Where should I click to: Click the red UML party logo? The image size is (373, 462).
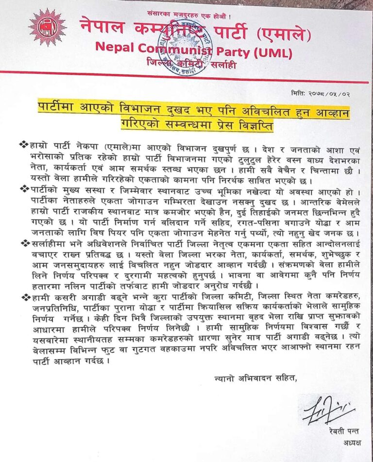click(47, 27)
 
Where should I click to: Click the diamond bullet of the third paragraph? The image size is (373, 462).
click(24, 243)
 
